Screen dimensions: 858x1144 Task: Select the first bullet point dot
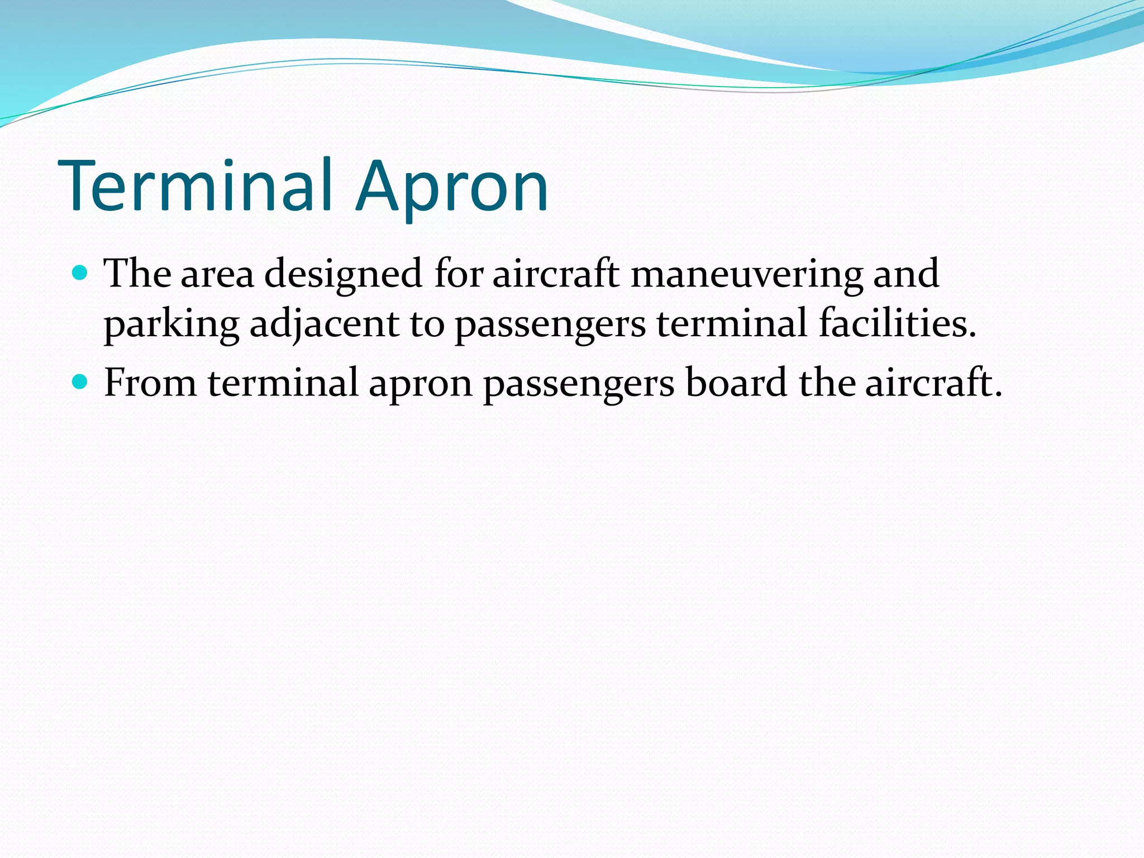[x=81, y=273]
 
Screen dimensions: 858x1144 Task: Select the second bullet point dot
[x=81, y=382]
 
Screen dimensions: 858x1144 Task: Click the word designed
[x=343, y=275]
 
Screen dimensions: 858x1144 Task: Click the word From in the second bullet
[x=150, y=383]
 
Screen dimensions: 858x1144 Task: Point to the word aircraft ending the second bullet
[x=933, y=383]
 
